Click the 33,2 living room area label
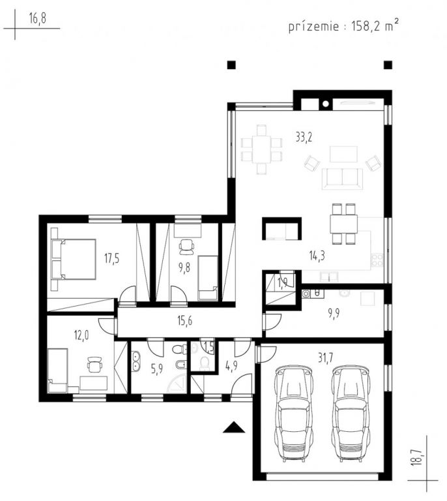click(304, 138)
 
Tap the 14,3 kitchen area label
click(317, 256)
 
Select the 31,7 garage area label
click(325, 358)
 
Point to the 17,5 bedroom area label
click(111, 258)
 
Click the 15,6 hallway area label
click(185, 321)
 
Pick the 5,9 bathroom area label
click(157, 370)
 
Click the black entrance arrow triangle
click(234, 427)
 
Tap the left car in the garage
click(293, 415)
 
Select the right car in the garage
click(350, 415)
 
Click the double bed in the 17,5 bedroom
click(74, 259)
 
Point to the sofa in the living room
click(342, 179)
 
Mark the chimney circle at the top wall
click(325, 104)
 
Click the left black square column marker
click(231, 65)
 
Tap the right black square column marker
click(388, 65)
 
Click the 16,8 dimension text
click(38, 18)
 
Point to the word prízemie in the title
click(313, 26)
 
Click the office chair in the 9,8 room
click(186, 247)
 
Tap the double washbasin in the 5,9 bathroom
click(136, 361)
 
